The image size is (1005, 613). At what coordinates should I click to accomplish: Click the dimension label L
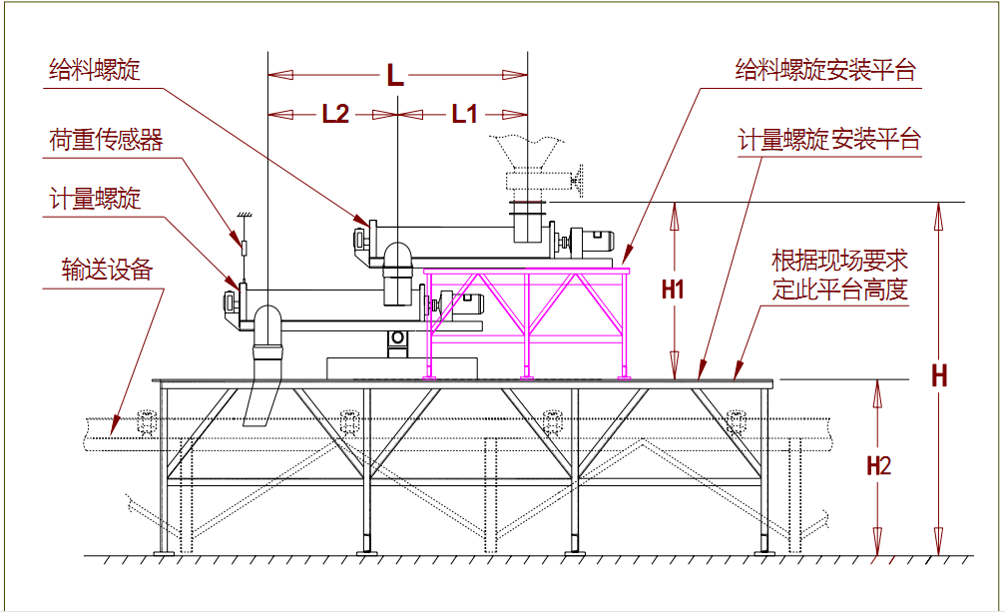[x=395, y=76]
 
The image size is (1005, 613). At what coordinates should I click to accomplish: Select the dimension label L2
[x=335, y=114]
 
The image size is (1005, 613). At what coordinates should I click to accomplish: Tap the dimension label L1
[x=464, y=114]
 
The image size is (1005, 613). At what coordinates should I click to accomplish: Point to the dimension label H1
[x=674, y=291]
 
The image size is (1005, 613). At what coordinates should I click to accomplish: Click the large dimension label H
[x=939, y=376]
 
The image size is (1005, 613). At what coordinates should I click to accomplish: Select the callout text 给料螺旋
[x=95, y=70]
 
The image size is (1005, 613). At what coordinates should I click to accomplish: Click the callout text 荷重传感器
[x=106, y=140]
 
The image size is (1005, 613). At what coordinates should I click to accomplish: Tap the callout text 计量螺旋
[x=95, y=200]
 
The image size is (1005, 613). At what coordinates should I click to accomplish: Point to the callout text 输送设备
[x=106, y=269]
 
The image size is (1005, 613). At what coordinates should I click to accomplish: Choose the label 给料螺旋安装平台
[x=825, y=70]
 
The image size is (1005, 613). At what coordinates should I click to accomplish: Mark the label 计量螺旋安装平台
[x=829, y=140]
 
